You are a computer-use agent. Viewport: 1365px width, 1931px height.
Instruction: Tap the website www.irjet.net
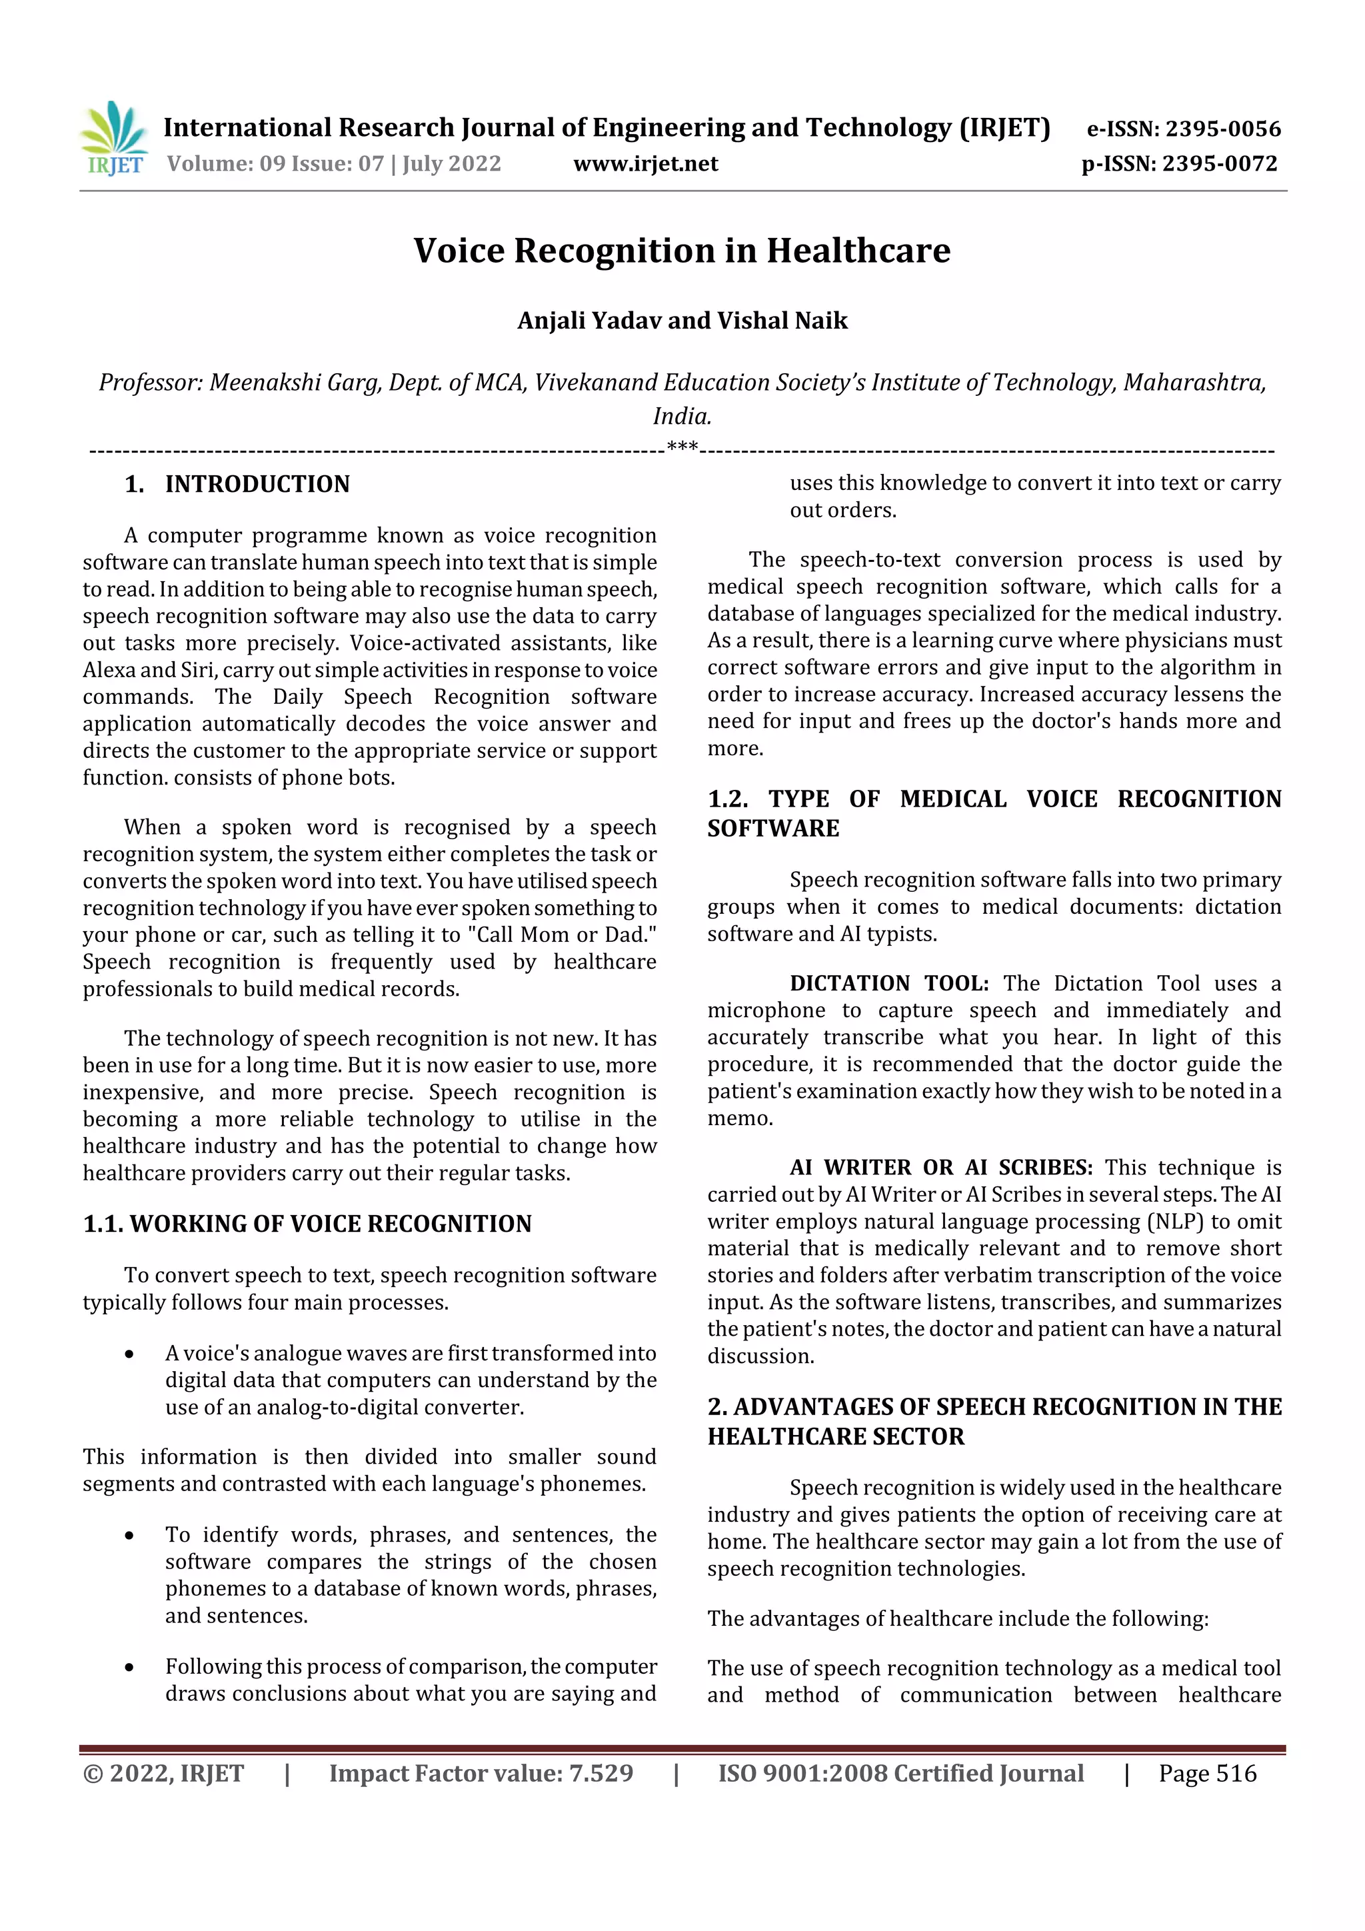tap(645, 164)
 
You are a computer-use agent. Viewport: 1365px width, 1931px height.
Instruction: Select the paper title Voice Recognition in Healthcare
tap(681, 251)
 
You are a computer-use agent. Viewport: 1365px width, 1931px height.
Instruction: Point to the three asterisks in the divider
tap(681, 447)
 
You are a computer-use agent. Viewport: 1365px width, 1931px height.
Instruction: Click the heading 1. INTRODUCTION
tap(237, 485)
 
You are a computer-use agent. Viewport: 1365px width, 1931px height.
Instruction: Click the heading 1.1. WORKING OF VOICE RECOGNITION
tap(307, 1224)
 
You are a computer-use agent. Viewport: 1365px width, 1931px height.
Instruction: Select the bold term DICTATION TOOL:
tap(888, 983)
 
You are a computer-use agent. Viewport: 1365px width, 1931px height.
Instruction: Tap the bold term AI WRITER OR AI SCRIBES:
tap(940, 1167)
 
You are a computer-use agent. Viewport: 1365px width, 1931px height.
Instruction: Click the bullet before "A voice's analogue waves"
tap(129, 1354)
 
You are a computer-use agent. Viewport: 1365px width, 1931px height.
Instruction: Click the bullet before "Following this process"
tap(129, 1667)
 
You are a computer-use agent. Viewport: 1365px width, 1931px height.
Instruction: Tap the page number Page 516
tap(1207, 1773)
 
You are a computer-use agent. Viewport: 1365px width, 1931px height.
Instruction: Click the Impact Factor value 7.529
tap(601, 1773)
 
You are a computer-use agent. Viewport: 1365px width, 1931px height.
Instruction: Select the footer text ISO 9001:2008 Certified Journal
tap(900, 1773)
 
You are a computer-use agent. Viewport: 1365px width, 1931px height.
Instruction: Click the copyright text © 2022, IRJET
tap(163, 1773)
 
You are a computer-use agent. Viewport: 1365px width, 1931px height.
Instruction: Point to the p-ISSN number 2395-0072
tap(1220, 164)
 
